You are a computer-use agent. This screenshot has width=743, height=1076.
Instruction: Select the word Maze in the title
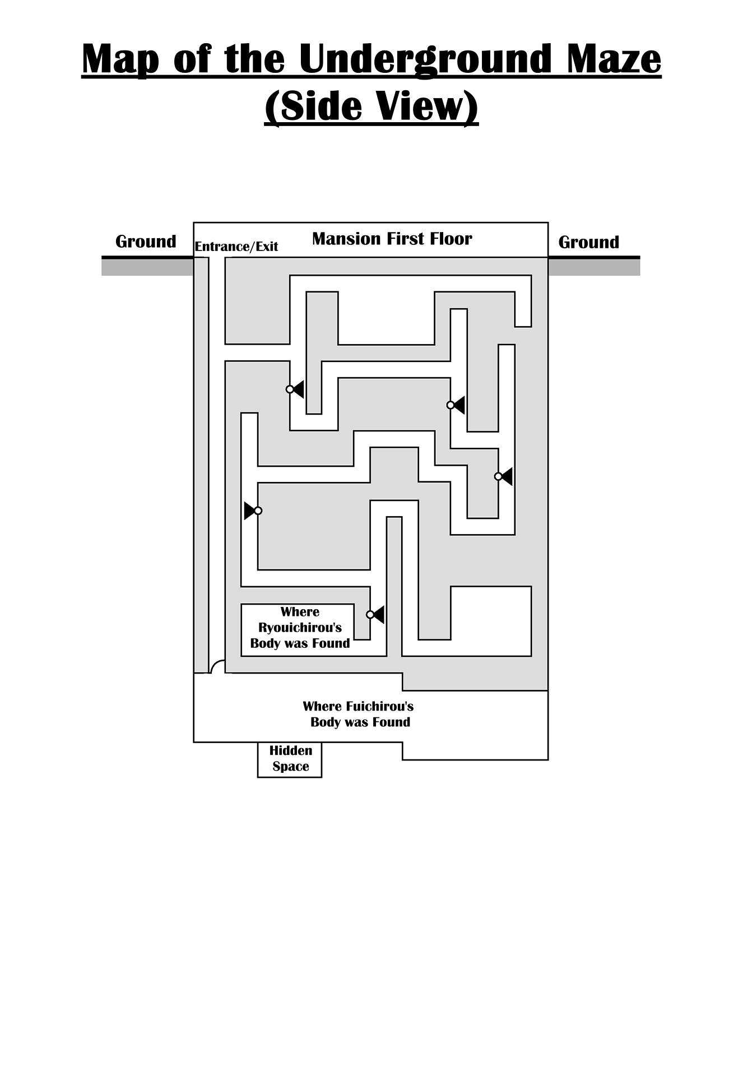[614, 59]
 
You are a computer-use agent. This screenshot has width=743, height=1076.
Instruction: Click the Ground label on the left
[146, 242]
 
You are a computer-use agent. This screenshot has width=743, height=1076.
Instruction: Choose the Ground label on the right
[588, 242]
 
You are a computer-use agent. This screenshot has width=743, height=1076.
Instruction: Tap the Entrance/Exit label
[236, 247]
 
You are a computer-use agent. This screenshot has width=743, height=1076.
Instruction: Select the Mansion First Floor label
[392, 239]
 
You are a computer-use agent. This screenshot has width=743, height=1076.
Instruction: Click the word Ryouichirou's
[300, 628]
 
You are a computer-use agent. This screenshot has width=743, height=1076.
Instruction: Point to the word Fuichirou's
[380, 706]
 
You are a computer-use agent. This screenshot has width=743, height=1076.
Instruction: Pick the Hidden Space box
[290, 759]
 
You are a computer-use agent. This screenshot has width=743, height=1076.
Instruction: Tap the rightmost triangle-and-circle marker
[504, 476]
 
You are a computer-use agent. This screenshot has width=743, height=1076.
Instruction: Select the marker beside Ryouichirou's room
[375, 615]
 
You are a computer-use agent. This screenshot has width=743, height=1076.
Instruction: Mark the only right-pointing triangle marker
[252, 511]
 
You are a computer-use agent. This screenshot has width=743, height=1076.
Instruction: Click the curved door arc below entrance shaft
[217, 666]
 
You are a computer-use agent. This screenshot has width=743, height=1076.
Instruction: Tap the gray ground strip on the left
[147, 267]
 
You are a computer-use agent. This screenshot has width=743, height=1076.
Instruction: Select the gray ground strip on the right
[594, 267]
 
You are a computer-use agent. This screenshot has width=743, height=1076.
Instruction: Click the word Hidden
[291, 750]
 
